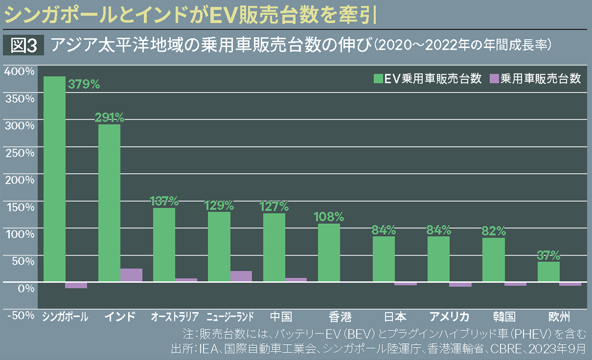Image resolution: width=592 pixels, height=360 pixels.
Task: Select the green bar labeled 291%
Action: [109, 203]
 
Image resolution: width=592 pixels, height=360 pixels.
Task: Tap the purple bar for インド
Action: [131, 275]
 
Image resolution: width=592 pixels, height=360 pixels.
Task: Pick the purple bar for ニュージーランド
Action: [241, 276]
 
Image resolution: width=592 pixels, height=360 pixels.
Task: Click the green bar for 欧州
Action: [548, 272]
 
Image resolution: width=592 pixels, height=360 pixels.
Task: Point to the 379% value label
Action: [84, 84]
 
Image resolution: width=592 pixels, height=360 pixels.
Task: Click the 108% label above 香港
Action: [329, 216]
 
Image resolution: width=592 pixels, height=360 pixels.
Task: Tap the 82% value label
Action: [493, 230]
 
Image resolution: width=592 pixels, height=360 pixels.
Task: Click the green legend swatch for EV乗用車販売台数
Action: [378, 79]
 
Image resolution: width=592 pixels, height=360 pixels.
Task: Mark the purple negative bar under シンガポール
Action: [76, 285]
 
